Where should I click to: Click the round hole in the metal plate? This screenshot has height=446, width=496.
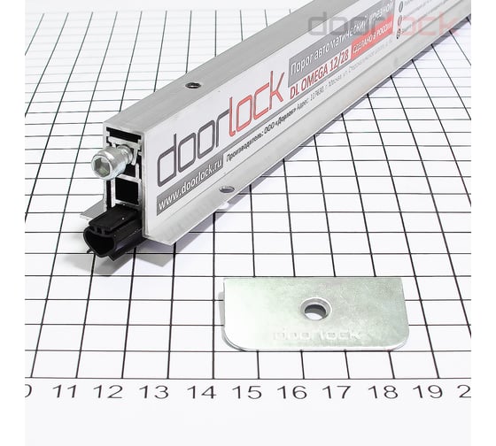point(314,309)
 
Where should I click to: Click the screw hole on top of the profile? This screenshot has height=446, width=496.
point(191,87)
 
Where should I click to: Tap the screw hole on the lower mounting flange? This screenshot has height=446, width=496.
point(228,188)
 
